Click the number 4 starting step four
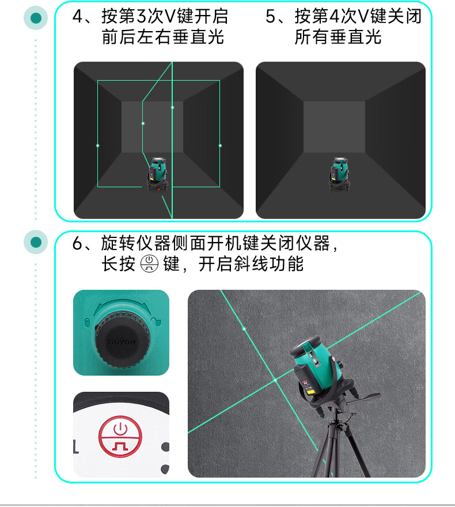78,17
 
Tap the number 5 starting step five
271,17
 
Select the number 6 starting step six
78,244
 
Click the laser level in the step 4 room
158,174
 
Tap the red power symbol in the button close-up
120,429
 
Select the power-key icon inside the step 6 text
149,264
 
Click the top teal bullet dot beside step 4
36,18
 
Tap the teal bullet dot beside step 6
36,242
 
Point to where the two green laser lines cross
275,380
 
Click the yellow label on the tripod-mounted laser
310,392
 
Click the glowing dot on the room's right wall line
220,146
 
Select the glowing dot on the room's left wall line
97,146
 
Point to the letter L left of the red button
75,446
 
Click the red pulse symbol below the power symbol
120,446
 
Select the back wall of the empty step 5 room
335,127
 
